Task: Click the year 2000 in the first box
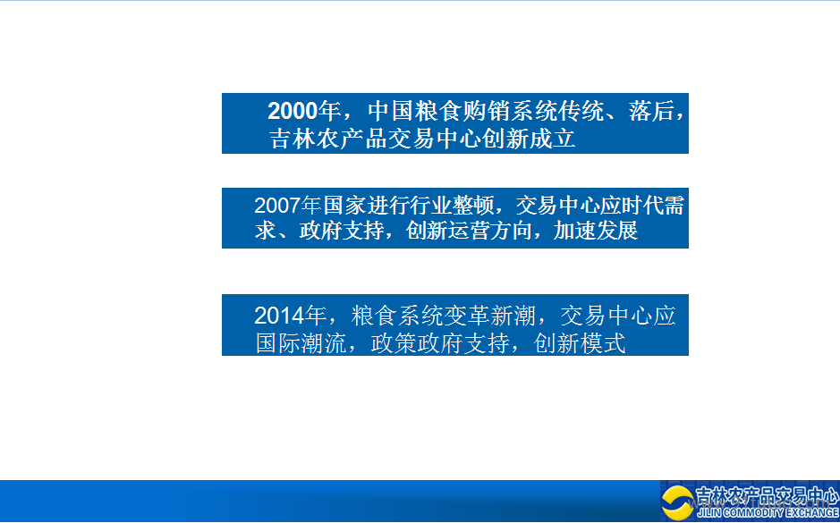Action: [x=293, y=111]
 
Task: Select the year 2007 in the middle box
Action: [x=276, y=206]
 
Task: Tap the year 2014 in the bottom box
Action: [x=277, y=316]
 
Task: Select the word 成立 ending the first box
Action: [x=552, y=139]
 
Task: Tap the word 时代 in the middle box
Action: [x=641, y=206]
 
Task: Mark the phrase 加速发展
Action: [x=595, y=231]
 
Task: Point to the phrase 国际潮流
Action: [x=301, y=343]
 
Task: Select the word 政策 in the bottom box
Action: [x=394, y=343]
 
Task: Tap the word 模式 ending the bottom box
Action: [x=603, y=343]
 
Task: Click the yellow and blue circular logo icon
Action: [x=677, y=502]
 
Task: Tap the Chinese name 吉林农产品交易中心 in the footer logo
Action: [x=768, y=496]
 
